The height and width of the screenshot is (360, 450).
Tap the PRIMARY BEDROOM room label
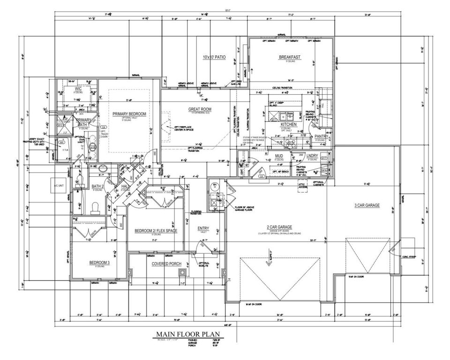click(x=130, y=114)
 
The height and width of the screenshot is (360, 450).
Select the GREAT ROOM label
click(x=201, y=109)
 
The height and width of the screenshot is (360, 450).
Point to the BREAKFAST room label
click(x=289, y=57)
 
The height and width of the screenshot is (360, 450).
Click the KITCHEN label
click(x=288, y=125)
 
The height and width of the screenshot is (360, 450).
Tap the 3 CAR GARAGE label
click(x=367, y=205)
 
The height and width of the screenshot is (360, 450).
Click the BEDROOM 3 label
click(x=99, y=263)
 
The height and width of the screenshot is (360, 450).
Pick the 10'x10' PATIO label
click(x=214, y=57)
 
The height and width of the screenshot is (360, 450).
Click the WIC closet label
click(x=78, y=88)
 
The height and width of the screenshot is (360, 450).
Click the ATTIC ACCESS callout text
click(x=302, y=186)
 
